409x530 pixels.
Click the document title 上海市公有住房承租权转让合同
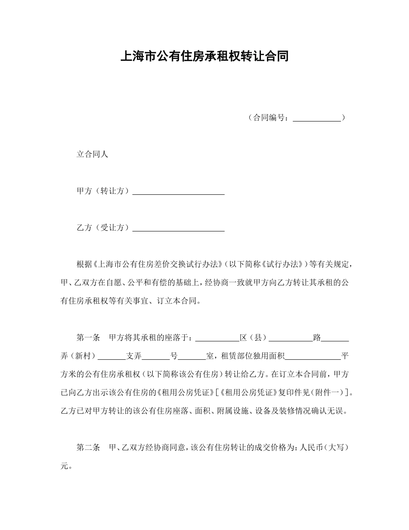pos(204,56)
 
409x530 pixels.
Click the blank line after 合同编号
pos(317,118)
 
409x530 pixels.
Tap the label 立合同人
pos(92,154)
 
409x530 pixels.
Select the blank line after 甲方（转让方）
pos(178,191)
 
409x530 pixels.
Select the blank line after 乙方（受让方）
pos(178,228)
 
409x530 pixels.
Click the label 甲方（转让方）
pos(103,191)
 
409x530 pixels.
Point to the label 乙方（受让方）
pos(103,228)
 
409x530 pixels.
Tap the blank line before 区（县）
pos(217,338)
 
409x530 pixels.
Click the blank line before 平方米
pos(313,356)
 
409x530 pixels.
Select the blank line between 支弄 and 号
pos(156,356)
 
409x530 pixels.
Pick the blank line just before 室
pos(192,356)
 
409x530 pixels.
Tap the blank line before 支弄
pos(112,356)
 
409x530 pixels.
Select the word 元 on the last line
pos(65,466)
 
